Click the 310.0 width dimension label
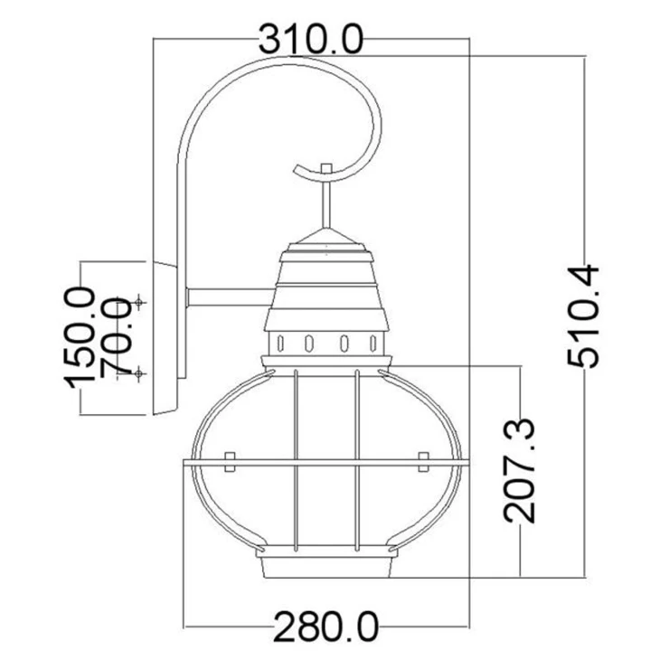coord(311,40)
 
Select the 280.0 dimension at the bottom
coord(326,627)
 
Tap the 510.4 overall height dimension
coord(584,316)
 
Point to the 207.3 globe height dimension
coord(519,471)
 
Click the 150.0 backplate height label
coord(79,338)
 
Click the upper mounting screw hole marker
coord(138,302)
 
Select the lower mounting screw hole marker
coord(138,373)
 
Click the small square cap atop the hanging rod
coord(326,168)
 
